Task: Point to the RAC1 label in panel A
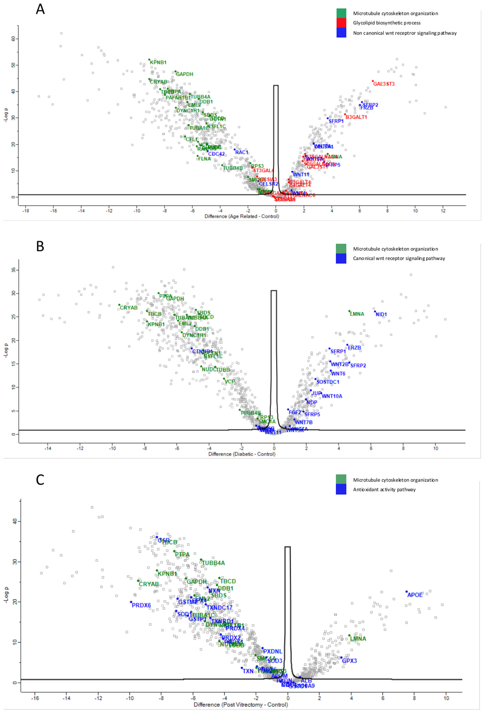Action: point(242,152)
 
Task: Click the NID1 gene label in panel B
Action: point(381,314)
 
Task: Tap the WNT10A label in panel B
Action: point(332,396)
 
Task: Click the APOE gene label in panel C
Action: point(415,595)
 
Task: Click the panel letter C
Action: point(40,480)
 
